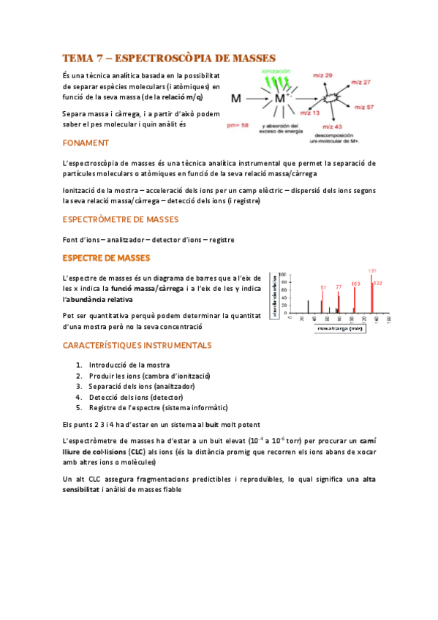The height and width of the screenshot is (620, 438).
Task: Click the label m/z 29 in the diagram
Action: pyautogui.click(x=323, y=75)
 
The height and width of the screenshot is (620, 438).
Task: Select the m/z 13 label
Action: pyautogui.click(x=311, y=113)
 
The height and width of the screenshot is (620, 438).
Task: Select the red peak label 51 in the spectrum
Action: pyautogui.click(x=323, y=287)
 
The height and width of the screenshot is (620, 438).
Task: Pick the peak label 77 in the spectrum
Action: pyautogui.click(x=339, y=287)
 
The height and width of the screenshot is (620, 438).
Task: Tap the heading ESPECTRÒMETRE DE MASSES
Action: pyautogui.click(x=120, y=219)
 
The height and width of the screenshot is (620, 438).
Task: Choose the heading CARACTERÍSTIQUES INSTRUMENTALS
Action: pyautogui.click(x=137, y=344)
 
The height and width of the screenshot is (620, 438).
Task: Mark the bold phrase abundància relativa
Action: pyautogui.click(x=101, y=299)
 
